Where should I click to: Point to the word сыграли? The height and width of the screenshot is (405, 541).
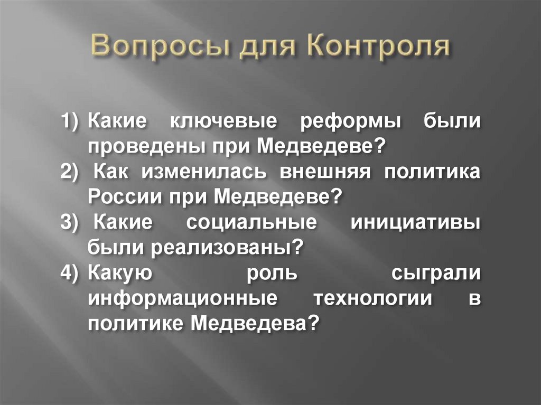436,274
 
